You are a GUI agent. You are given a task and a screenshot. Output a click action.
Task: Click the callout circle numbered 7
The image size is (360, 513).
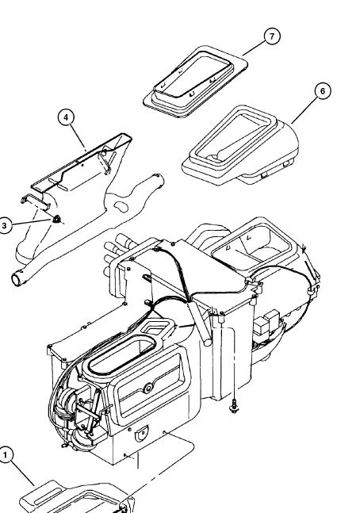272,36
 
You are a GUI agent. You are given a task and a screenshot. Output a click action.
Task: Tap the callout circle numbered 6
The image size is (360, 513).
323,91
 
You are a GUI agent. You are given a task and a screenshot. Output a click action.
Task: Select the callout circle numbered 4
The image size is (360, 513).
66,117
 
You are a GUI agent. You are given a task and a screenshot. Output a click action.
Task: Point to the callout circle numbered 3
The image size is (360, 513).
4,225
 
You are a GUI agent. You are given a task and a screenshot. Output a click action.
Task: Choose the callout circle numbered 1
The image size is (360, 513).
6,455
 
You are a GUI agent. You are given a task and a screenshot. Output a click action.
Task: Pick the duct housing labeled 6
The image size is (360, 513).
240,146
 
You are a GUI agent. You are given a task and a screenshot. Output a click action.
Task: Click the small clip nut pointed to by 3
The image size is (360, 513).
57,219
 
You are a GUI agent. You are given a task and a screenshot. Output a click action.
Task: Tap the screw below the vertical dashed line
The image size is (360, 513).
234,406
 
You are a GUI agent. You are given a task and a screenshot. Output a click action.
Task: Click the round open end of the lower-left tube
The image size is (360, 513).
17,280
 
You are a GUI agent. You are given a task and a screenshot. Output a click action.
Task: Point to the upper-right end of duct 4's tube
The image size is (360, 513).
158,179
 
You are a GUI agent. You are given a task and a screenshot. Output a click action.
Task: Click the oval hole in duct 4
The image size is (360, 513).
121,207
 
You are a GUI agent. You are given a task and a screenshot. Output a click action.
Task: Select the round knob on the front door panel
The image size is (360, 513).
148,389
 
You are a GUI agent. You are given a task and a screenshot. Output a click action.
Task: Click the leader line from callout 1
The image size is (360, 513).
23,473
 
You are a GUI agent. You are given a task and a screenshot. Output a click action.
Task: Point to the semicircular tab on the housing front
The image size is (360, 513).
141,435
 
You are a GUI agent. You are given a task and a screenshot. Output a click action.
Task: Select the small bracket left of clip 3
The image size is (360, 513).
36,202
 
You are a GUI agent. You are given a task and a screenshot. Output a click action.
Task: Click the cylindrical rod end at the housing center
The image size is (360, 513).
207,343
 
